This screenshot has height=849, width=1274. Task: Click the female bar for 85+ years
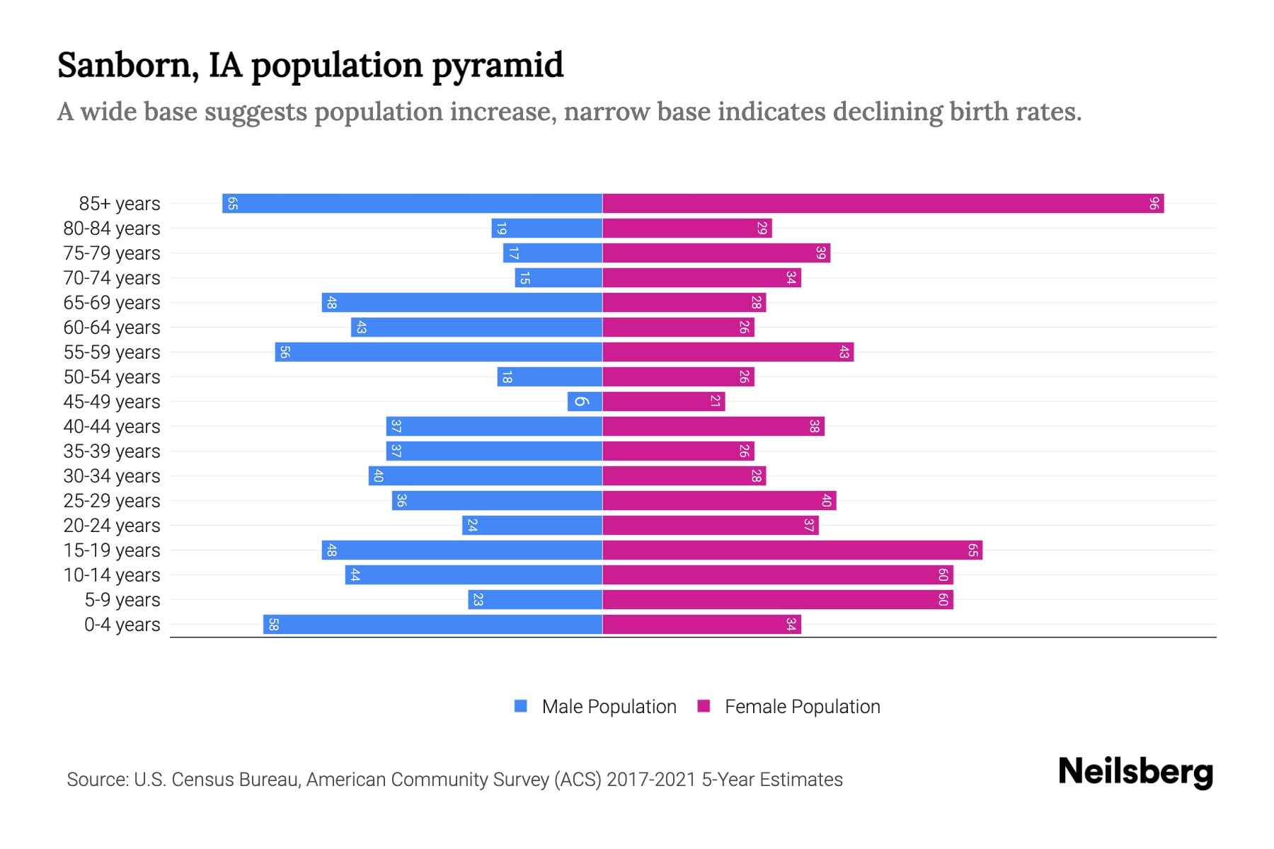(x=883, y=203)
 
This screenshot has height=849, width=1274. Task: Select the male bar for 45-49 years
(x=585, y=401)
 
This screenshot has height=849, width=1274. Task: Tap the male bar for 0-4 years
(x=432, y=624)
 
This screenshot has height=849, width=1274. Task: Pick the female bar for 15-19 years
(x=792, y=550)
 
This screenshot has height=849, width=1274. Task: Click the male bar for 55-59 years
(x=439, y=352)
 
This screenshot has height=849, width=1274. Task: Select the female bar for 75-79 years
(x=716, y=253)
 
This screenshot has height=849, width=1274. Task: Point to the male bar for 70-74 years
(x=558, y=277)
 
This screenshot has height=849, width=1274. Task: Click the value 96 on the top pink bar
(x=1154, y=204)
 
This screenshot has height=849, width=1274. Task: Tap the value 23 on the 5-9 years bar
(x=478, y=600)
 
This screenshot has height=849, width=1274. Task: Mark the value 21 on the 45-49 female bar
(x=716, y=401)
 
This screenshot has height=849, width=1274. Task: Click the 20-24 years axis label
(x=112, y=526)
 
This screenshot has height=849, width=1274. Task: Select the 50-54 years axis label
(x=112, y=377)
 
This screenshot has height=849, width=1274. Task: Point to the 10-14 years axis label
(x=112, y=575)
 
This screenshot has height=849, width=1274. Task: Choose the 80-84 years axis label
(x=112, y=229)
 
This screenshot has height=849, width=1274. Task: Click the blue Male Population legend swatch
(x=521, y=706)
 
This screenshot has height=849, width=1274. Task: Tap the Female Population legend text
(x=802, y=707)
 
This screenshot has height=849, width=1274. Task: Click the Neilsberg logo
(x=1135, y=772)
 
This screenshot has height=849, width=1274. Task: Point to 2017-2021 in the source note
(x=651, y=780)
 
